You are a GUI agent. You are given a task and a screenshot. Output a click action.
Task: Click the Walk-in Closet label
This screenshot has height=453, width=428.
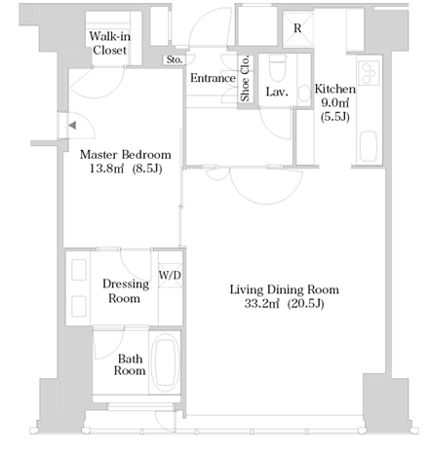[x=110, y=43]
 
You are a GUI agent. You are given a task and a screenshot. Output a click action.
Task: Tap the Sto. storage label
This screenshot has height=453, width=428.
[x=175, y=59]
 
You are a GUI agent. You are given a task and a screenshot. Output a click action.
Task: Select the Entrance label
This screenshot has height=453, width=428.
[x=213, y=78]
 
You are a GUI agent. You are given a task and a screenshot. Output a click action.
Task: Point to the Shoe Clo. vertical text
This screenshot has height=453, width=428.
[x=245, y=79]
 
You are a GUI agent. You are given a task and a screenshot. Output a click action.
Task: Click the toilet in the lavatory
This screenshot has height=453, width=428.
[x=278, y=67]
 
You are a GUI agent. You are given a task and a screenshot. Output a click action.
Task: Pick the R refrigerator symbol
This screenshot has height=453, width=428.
[x=297, y=28]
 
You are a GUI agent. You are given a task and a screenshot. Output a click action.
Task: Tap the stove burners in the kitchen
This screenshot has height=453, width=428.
[x=369, y=73]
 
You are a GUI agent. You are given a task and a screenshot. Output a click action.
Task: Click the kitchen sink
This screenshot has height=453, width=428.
[x=369, y=146]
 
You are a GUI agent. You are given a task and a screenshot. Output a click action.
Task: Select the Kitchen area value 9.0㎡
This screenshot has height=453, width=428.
[x=335, y=103]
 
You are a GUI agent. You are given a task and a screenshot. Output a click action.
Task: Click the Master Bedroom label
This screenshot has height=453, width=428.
[x=126, y=155]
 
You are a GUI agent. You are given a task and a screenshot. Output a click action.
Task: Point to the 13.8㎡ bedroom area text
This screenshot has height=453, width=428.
[x=106, y=169]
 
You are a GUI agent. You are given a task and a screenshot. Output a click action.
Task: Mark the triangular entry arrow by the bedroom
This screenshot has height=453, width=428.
[x=72, y=126]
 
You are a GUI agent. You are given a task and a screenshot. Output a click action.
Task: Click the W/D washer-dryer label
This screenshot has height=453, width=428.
[x=170, y=276]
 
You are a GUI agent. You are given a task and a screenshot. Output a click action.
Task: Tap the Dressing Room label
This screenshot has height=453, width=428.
[x=126, y=291]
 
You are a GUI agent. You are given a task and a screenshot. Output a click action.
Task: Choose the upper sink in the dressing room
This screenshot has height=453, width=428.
[x=79, y=270]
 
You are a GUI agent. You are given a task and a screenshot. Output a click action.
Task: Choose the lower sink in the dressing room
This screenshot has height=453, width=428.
[x=79, y=306]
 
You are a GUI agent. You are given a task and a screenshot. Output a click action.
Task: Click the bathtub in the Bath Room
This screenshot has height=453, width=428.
[x=166, y=363]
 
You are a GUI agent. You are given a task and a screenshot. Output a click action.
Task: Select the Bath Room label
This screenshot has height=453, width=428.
[x=130, y=365]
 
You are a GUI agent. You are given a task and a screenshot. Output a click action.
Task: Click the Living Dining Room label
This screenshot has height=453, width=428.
[x=285, y=289]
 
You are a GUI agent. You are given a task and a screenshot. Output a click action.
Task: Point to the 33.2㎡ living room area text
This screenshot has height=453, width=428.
[x=261, y=304]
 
